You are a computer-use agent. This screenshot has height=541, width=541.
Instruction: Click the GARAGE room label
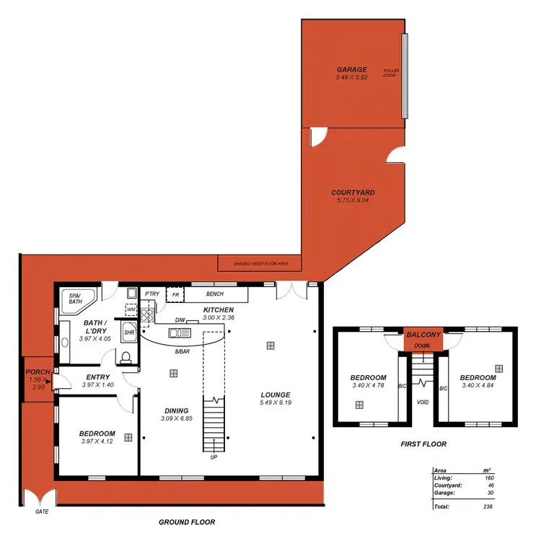351,69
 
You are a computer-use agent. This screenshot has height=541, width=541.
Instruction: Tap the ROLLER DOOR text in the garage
391,73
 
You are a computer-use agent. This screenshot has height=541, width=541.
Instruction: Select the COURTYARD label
353,193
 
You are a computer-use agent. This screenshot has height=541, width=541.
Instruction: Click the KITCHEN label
218,309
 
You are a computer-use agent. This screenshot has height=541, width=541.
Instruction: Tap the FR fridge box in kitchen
175,295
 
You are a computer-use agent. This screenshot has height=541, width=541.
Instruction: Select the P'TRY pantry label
151,294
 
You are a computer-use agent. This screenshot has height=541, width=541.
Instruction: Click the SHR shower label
129,333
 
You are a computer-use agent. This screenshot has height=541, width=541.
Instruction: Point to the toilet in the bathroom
126,357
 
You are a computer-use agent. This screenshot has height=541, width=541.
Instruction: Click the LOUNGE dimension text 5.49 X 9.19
276,403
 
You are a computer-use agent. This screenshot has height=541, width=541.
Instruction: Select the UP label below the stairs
214,457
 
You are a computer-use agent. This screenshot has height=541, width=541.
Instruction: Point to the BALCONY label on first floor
423,335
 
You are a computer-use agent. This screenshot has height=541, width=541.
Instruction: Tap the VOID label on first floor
423,402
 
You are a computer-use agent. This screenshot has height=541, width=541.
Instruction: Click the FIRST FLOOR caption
423,444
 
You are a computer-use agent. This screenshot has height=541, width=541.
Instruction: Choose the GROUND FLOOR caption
186,522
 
